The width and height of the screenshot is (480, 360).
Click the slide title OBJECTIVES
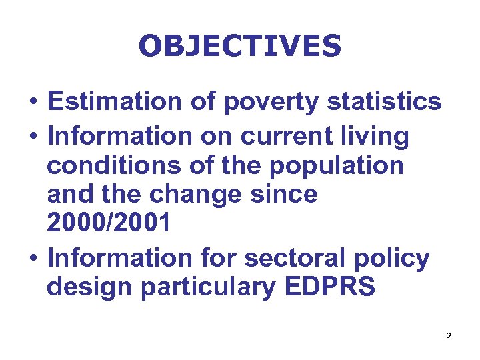[x=240, y=46]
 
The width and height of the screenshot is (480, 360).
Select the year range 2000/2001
[x=109, y=224]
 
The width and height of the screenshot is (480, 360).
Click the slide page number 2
[x=449, y=337]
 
